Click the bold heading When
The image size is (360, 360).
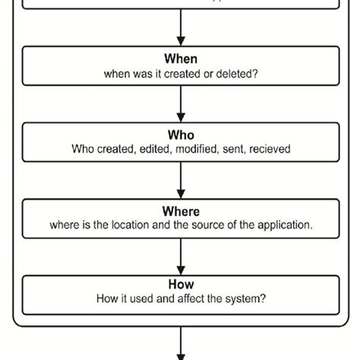(181, 59)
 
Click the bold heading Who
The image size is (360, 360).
(181, 136)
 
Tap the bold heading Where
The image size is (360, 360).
(181, 212)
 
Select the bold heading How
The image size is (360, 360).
(181, 286)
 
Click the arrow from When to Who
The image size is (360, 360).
(181, 104)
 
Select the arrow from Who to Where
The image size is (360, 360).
(181, 180)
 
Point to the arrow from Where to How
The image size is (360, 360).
(181, 256)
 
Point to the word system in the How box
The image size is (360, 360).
(245, 299)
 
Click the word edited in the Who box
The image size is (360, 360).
(156, 150)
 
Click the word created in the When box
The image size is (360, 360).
(182, 74)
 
